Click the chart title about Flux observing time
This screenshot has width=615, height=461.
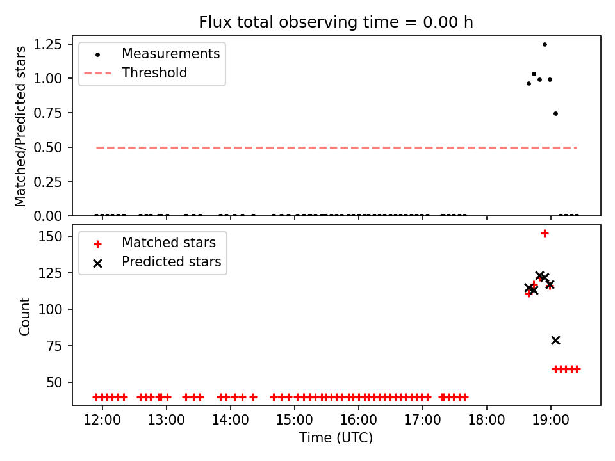click(x=336, y=22)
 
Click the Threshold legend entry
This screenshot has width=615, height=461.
click(x=136, y=73)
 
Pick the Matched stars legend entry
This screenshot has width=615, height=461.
click(x=154, y=243)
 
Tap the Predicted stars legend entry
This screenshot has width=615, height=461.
click(x=157, y=262)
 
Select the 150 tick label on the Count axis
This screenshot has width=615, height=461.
click(x=50, y=236)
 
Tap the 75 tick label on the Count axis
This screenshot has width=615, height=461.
click(x=54, y=346)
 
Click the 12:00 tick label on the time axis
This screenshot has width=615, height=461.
click(x=102, y=420)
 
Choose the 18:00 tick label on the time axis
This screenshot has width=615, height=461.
click(x=487, y=420)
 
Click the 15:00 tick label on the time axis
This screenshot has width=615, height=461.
click(x=295, y=420)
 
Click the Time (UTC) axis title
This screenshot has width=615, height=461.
click(x=336, y=437)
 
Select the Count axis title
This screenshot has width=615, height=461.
click(x=24, y=316)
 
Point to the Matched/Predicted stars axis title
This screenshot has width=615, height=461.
click(x=20, y=126)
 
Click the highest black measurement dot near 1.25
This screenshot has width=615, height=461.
click(x=545, y=45)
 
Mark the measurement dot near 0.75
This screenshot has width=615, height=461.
click(x=555, y=114)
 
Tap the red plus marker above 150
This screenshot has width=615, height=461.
click(x=545, y=234)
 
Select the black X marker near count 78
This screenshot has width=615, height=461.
click(x=555, y=340)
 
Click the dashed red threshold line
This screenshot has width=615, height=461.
click(x=336, y=147)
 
